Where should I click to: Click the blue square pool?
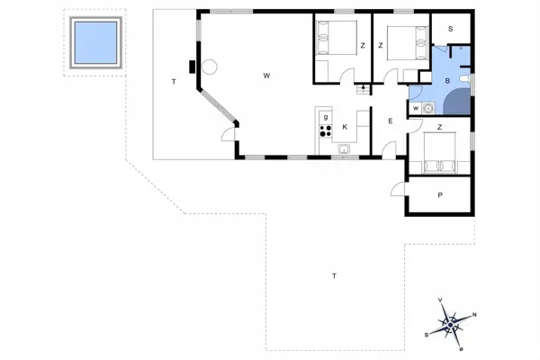coord(95,42)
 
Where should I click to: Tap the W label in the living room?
coord(266,76)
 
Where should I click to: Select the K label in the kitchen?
coord(345,127)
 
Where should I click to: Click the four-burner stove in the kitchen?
coord(326,130)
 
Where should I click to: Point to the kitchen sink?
coord(344,149)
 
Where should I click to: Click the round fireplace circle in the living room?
coord(210,67)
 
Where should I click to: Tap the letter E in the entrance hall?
coord(391,121)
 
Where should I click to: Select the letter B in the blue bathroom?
coord(447,81)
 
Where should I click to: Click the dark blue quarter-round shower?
coord(457,102)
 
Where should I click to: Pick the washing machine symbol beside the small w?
coord(427,108)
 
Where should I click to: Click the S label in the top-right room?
coord(451,29)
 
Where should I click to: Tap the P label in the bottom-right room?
coord(440,195)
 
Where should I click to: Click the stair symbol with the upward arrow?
coord(363,89)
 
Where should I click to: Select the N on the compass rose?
coord(474,314)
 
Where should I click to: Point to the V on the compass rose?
coord(440,300)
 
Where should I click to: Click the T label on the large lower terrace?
coord(334,276)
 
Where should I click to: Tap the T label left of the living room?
coord(174,82)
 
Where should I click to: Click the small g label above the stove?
coord(326,117)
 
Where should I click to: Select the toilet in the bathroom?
coord(465,79)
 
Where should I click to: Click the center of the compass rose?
coord(451,325)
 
